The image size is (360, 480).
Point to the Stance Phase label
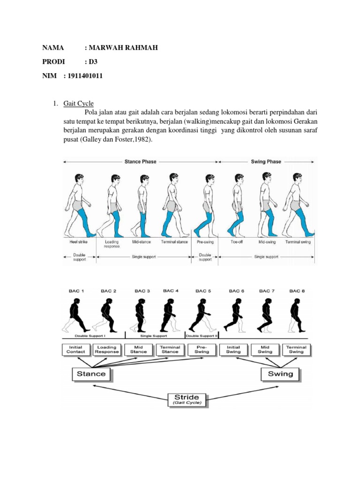click(x=140, y=161)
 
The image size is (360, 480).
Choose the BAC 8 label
click(x=297, y=291)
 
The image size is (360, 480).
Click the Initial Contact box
click(x=75, y=349)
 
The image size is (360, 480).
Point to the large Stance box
click(x=91, y=374)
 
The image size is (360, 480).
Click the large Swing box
click(x=280, y=374)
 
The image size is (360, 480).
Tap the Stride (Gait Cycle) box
click(x=187, y=399)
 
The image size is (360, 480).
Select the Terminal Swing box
click(x=296, y=349)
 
